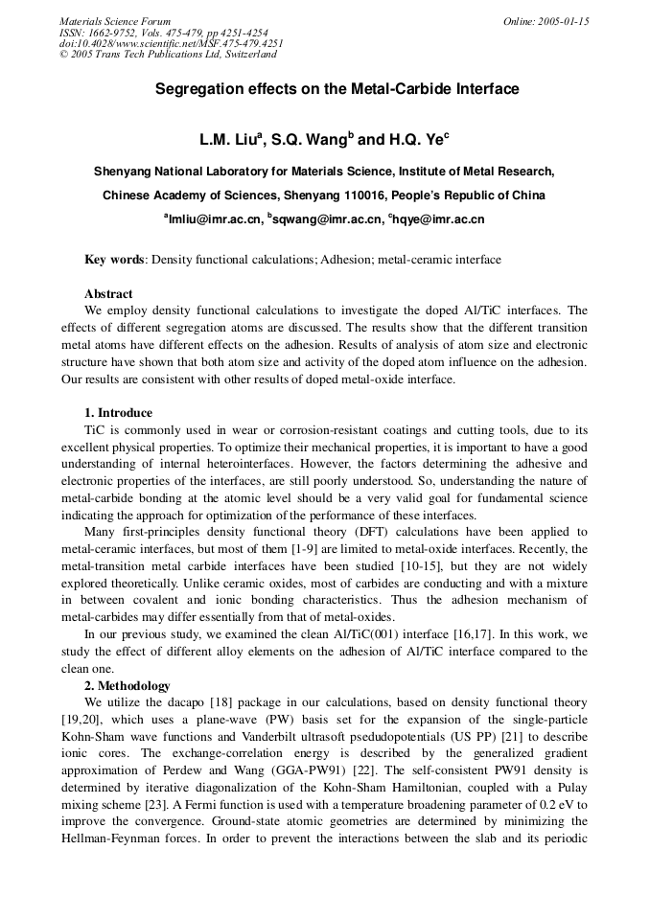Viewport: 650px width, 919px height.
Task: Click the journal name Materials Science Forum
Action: [115, 21]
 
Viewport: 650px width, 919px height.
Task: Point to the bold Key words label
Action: [114, 260]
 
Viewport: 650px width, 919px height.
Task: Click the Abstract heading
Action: [108, 293]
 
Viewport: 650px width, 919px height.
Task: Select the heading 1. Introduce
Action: [118, 413]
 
